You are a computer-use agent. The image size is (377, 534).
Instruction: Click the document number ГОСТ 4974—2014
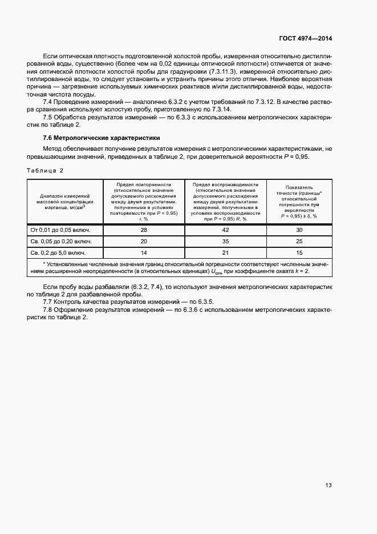click(x=306, y=39)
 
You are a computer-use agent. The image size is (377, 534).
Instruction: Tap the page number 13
click(x=328, y=485)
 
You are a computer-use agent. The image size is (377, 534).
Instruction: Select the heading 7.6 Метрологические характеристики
click(x=102, y=138)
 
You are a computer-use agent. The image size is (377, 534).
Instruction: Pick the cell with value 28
click(x=143, y=230)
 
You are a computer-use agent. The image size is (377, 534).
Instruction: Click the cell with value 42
click(x=225, y=230)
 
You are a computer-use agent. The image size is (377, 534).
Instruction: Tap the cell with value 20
click(x=143, y=241)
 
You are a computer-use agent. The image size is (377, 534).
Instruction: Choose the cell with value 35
click(x=225, y=241)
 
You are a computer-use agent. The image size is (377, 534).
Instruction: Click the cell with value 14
click(x=143, y=252)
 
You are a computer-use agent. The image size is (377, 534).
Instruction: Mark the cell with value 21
click(x=225, y=252)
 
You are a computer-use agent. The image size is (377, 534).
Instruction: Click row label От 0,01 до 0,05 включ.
click(x=64, y=230)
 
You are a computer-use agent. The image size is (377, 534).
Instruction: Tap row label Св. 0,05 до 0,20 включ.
click(x=64, y=241)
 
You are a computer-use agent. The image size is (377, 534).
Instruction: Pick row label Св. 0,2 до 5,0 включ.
click(x=64, y=252)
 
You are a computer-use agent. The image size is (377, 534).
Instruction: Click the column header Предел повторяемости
click(x=143, y=202)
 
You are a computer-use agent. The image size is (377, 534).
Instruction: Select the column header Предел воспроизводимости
click(x=225, y=202)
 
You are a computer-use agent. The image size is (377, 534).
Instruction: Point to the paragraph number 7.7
click(x=48, y=301)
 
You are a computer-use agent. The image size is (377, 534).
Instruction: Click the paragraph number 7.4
click(x=48, y=101)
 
